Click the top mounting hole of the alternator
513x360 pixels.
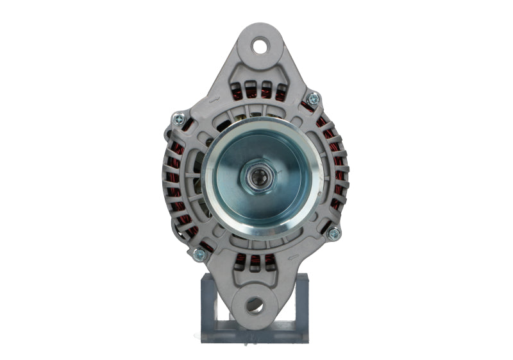[x=260, y=46]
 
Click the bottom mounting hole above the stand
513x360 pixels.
[x=254, y=305]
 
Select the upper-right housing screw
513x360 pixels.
[x=313, y=99]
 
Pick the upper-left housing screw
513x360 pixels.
[x=178, y=119]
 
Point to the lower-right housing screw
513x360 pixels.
[x=333, y=234]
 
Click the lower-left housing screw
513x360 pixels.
[x=199, y=254]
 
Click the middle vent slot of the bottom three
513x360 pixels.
[x=255, y=261]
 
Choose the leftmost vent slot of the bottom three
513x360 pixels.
[x=241, y=260]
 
